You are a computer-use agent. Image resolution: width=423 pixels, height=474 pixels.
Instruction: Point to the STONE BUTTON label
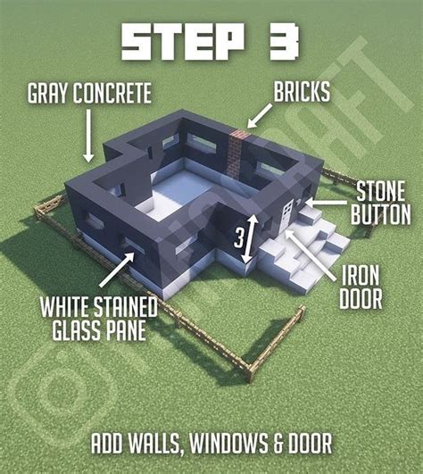382,203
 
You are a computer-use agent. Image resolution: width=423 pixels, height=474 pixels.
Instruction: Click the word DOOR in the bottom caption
309,442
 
